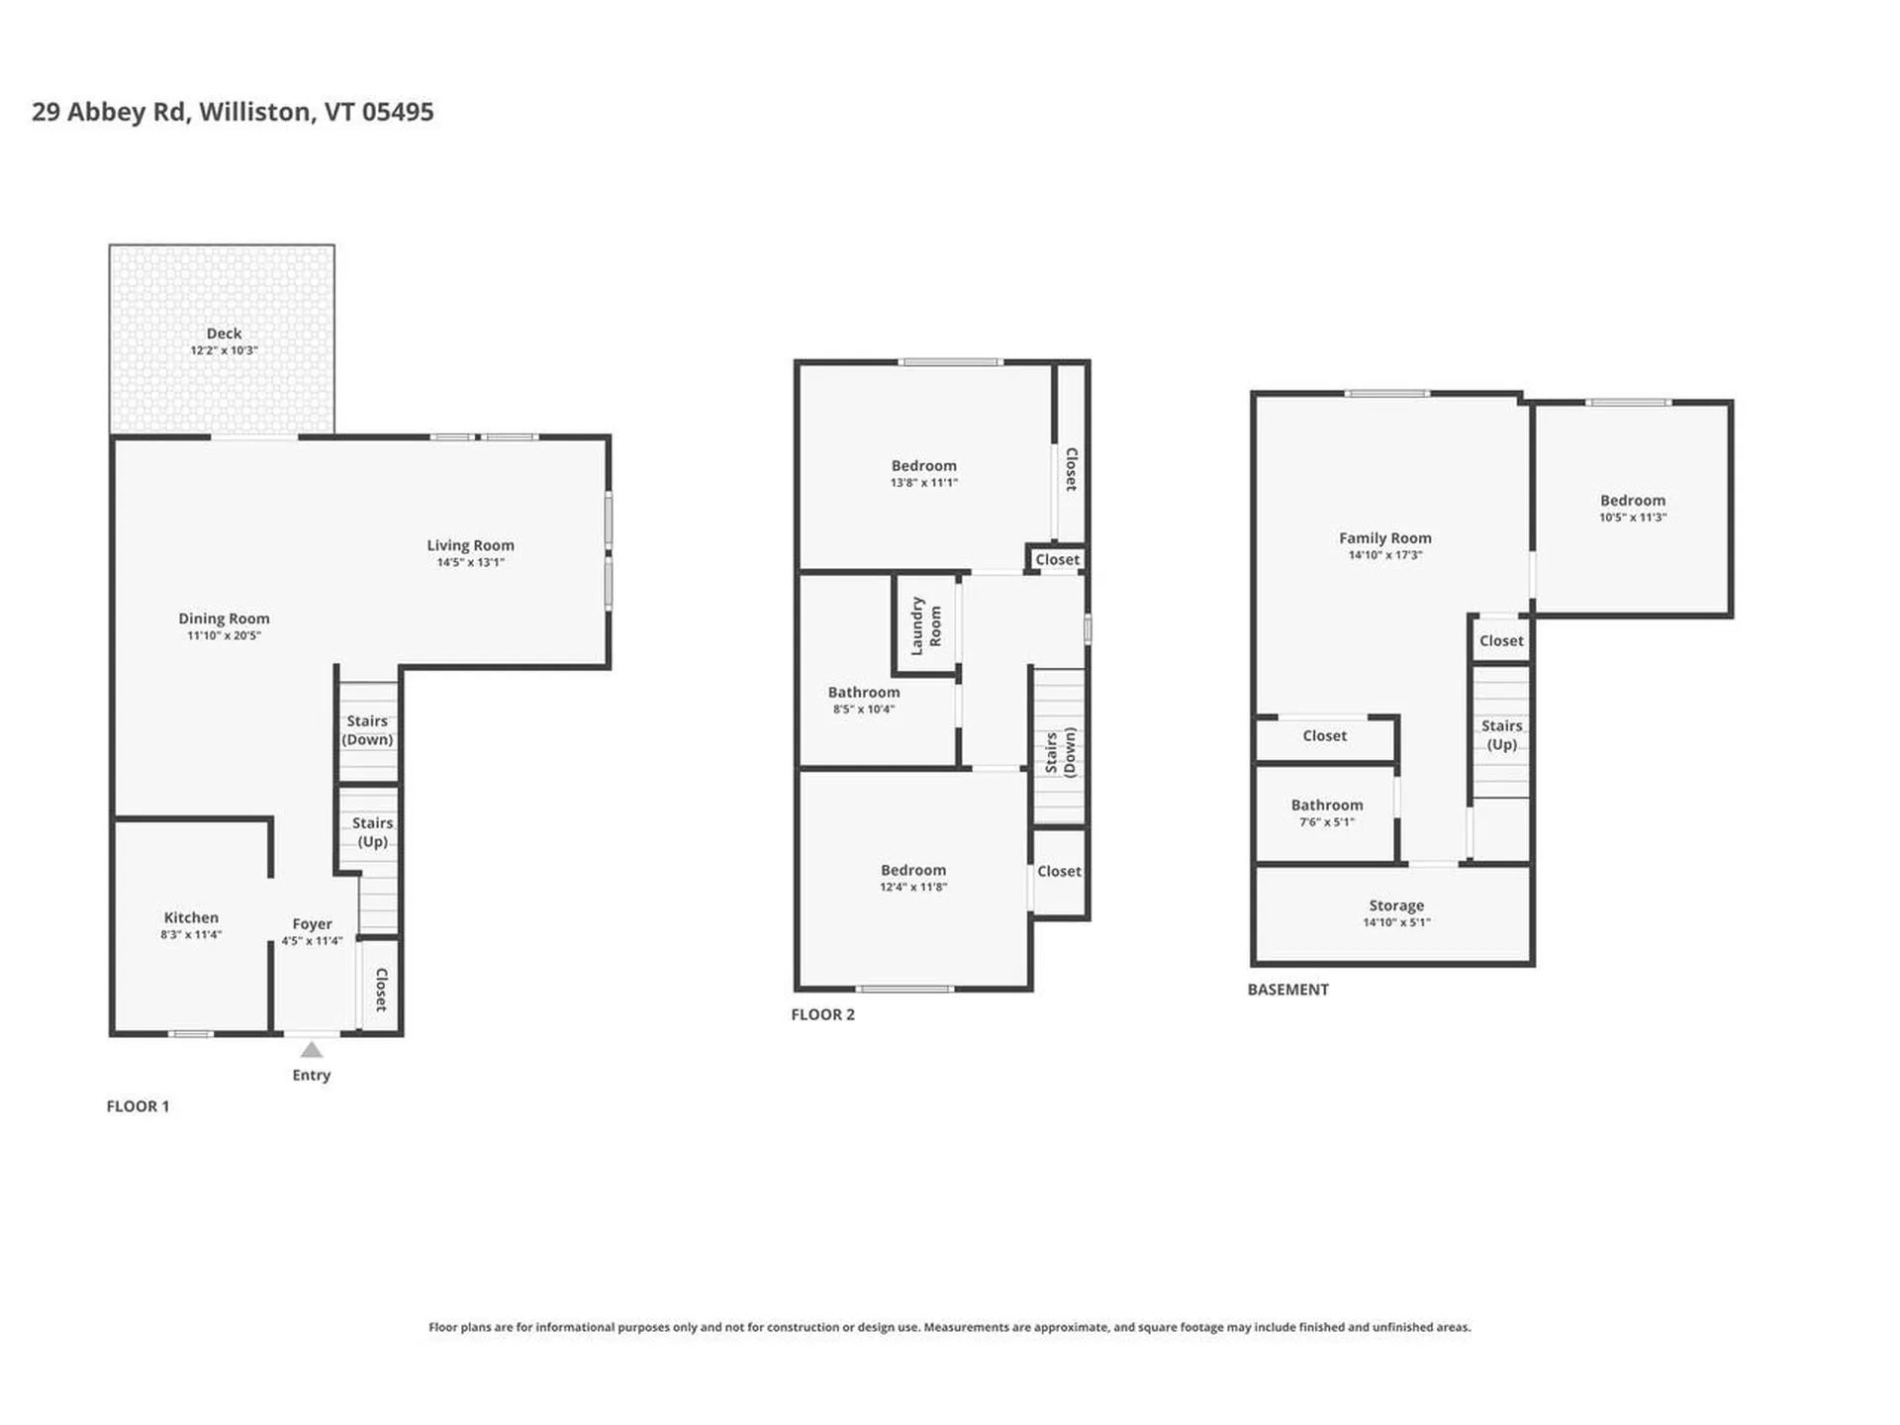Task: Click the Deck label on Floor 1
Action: pyautogui.click(x=224, y=333)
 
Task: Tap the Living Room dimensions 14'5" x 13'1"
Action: pyautogui.click(x=470, y=562)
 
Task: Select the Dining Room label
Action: pyautogui.click(x=224, y=618)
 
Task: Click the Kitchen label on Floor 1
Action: pyautogui.click(x=191, y=917)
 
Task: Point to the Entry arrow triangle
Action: pyautogui.click(x=311, y=1050)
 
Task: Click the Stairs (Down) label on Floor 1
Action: pyautogui.click(x=367, y=730)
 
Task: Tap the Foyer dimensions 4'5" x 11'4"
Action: pyautogui.click(x=312, y=941)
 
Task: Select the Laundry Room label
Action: pyautogui.click(x=925, y=625)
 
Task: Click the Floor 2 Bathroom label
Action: pyautogui.click(x=864, y=693)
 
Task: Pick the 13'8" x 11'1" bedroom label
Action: pyautogui.click(x=923, y=466)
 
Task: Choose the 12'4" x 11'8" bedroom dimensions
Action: pyautogui.click(x=913, y=888)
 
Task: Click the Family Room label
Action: pyautogui.click(x=1384, y=538)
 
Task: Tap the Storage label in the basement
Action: pyautogui.click(x=1396, y=905)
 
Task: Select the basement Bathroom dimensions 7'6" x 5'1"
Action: pyautogui.click(x=1326, y=822)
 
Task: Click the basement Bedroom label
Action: pyautogui.click(x=1632, y=501)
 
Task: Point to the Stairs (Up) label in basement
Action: pyautogui.click(x=1501, y=735)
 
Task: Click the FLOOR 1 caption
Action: pyautogui.click(x=138, y=1106)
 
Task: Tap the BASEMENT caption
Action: pyautogui.click(x=1287, y=990)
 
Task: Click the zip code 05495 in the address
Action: pyautogui.click(x=397, y=112)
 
